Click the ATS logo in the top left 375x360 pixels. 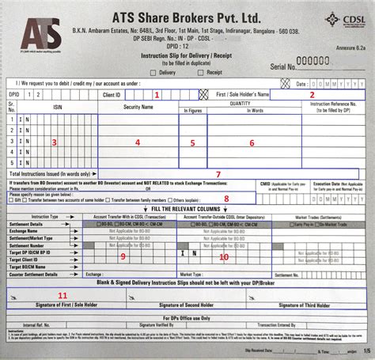tap(41, 36)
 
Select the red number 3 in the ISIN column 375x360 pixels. tap(53, 142)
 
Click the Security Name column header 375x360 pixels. tap(137, 107)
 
